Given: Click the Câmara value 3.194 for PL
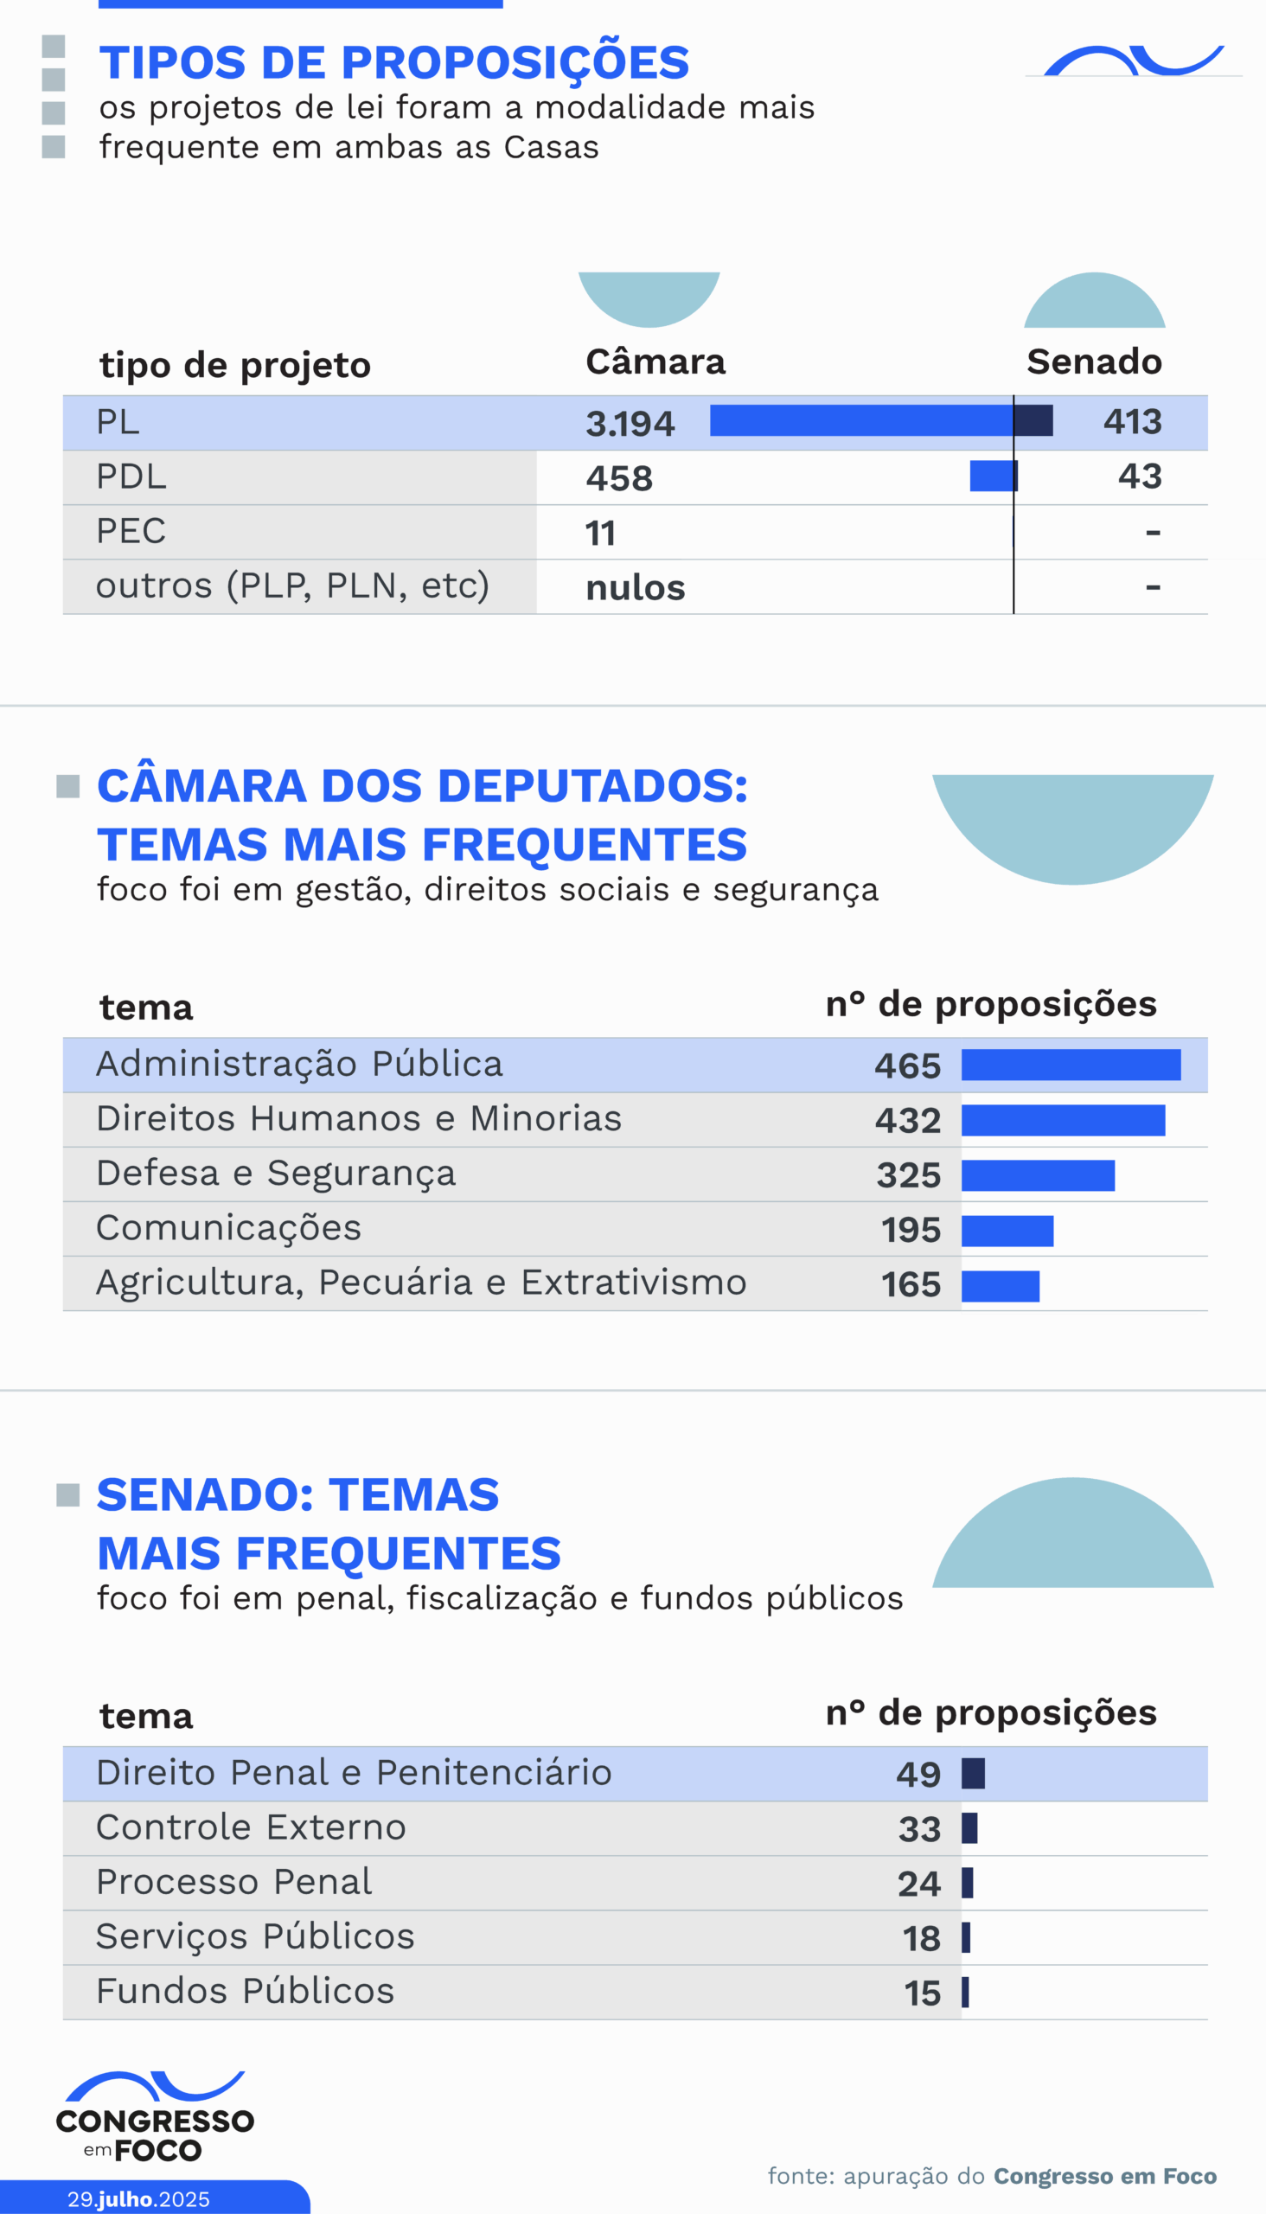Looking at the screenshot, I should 630,424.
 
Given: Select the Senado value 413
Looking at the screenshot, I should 1132,422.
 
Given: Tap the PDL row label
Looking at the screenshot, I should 131,477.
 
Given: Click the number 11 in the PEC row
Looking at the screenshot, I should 600,532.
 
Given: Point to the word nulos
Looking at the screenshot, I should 635,588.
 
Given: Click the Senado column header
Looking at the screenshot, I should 1094,361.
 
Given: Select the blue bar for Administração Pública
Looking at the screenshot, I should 1071,1065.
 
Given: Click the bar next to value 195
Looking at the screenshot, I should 1007,1231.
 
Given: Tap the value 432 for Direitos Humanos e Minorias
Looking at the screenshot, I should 908,1120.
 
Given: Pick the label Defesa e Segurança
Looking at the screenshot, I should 276,1173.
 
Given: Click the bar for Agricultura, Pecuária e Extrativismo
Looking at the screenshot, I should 1000,1285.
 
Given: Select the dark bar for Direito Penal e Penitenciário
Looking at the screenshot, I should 973,1773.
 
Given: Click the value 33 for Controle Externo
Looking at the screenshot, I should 919,1829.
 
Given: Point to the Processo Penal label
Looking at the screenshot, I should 233,1882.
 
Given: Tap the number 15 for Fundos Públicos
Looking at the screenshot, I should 922,1993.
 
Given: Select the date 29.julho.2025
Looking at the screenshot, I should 138,2198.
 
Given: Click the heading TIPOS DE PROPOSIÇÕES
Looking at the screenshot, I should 393,62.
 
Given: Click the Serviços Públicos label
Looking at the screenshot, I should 255,1936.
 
